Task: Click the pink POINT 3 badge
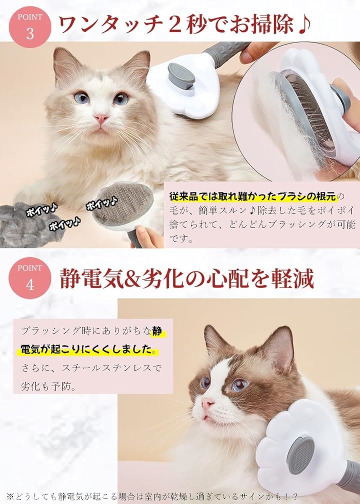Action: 30,27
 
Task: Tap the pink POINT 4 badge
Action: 30,278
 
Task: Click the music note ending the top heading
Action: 303,25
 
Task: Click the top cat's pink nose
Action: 101,119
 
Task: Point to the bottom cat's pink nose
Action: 207,403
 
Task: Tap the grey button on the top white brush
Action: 181,77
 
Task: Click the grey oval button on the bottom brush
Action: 300,455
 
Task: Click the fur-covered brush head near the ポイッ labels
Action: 122,203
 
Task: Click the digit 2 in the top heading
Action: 174,25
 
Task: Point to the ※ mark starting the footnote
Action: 10,497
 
